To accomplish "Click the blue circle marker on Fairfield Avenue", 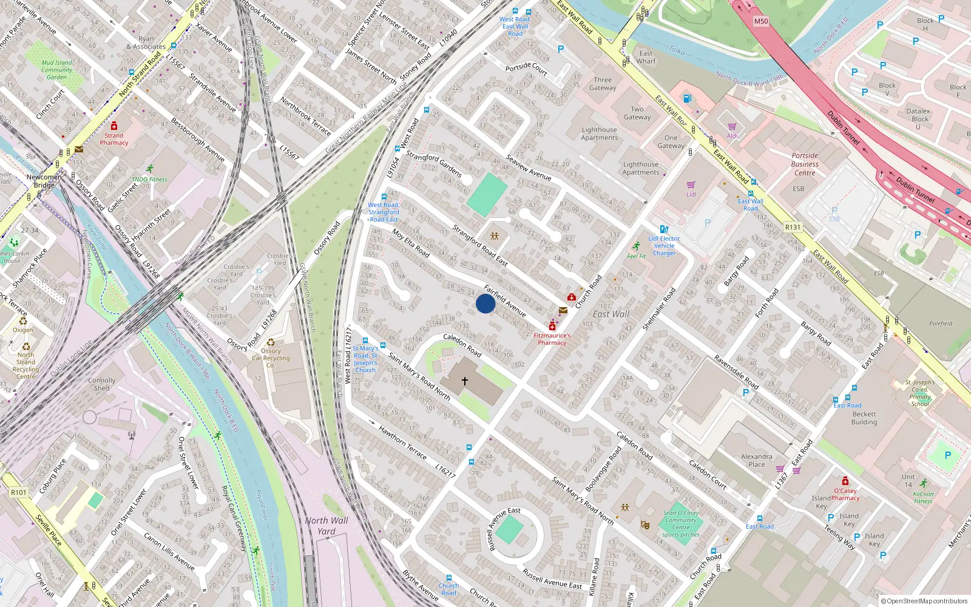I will (x=485, y=303).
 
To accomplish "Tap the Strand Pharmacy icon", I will (x=113, y=126).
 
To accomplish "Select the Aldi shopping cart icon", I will (x=732, y=127).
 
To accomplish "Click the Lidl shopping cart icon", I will (x=691, y=185).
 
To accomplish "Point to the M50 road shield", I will (x=760, y=21).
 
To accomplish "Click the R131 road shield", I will (x=793, y=227).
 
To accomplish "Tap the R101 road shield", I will (x=19, y=492).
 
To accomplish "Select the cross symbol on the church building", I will (x=465, y=381).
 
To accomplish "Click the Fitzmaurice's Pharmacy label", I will (x=552, y=339).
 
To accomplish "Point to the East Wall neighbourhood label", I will (x=611, y=314).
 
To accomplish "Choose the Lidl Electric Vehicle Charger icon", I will (x=664, y=229).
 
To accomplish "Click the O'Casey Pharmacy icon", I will (x=845, y=481).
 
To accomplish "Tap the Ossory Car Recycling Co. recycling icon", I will (x=271, y=342).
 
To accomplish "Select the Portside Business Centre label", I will (x=805, y=164).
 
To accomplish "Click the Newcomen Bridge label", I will (x=44, y=181).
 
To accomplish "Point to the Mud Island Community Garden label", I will (x=56, y=70).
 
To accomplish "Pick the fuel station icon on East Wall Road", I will (x=687, y=98).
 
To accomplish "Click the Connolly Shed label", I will (x=101, y=384).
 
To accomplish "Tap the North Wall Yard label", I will (x=326, y=526).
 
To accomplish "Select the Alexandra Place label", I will (x=756, y=460).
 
